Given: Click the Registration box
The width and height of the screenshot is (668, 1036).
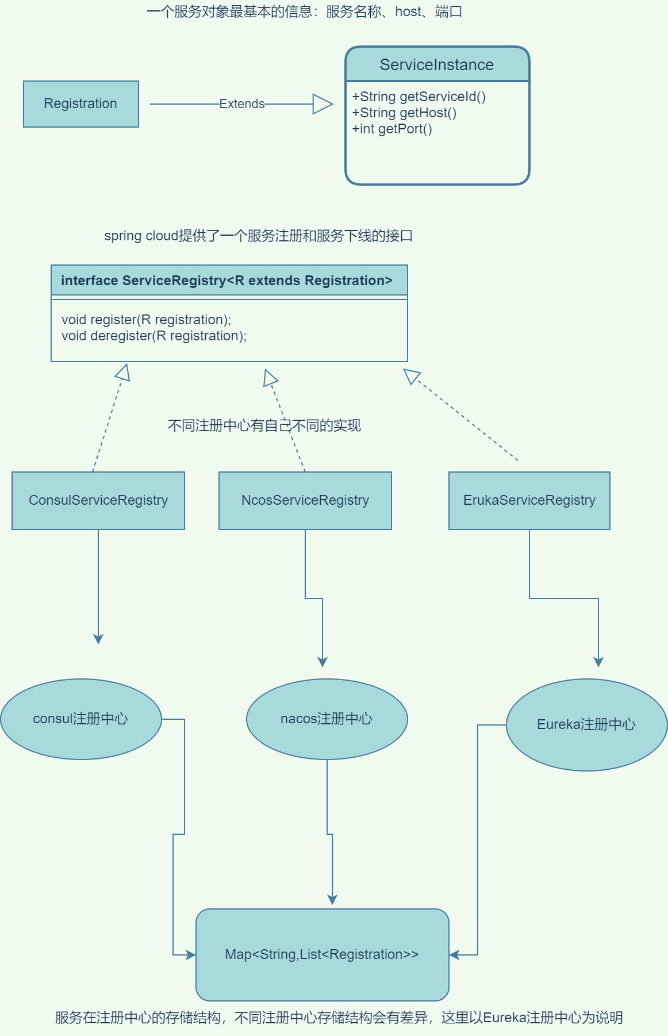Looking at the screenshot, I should click(80, 104).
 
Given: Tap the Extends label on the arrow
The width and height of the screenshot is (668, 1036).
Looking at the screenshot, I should click(241, 104).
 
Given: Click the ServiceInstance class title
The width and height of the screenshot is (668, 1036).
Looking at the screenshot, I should click(437, 65).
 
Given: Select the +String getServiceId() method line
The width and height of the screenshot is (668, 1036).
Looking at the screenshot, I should click(419, 97).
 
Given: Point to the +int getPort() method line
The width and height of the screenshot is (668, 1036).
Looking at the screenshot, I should click(392, 129).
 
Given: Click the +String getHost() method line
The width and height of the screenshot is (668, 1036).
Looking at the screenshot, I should click(404, 113).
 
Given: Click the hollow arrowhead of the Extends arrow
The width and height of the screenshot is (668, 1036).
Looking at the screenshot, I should click(323, 104).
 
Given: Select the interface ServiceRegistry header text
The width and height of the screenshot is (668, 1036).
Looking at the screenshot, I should click(226, 281).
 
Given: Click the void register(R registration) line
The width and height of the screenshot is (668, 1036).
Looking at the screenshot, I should click(146, 320).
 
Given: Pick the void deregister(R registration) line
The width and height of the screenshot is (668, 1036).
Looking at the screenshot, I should click(153, 336).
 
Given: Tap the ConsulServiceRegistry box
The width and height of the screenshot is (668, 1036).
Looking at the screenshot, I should click(98, 500).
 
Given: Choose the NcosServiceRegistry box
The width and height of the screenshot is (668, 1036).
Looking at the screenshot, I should click(305, 500).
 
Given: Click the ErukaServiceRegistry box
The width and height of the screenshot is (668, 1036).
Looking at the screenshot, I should click(529, 500).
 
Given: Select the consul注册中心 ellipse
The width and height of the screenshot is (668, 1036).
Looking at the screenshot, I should click(80, 719).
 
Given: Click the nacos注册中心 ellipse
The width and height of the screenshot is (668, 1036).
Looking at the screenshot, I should click(327, 719).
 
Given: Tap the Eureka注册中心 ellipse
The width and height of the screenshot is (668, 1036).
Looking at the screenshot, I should click(586, 724).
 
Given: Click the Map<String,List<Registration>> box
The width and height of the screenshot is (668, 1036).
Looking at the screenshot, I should click(322, 954).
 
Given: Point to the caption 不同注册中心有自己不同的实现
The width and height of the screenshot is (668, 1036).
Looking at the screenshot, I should click(264, 425).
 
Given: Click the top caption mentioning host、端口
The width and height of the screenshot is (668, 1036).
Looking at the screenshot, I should click(304, 11).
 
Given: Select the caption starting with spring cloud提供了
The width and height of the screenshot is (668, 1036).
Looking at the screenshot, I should click(258, 236).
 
